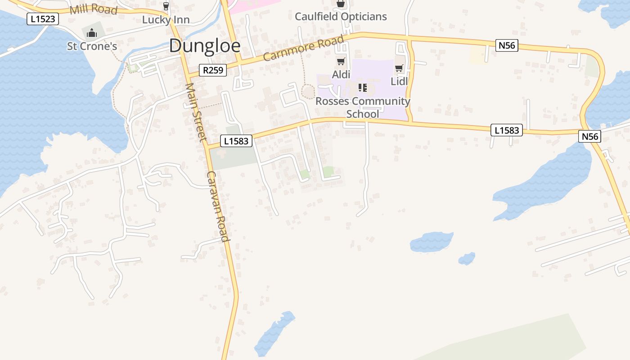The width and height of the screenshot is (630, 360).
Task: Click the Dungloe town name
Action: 205,46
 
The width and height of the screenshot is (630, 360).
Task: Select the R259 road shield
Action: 213,70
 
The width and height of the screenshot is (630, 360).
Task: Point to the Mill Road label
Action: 94,9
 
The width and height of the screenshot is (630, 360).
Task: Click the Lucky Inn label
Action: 166,20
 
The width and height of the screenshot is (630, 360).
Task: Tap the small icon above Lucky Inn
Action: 166,6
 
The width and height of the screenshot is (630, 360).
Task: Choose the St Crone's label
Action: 92,46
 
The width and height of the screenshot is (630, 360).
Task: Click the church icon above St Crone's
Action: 92,33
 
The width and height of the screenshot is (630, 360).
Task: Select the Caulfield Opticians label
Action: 341,17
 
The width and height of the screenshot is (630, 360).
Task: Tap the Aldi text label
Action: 341,74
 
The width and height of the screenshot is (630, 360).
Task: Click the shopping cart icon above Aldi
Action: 341,62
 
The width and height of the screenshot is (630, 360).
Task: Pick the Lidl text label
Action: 399,81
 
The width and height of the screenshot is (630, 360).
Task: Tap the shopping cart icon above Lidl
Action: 399,68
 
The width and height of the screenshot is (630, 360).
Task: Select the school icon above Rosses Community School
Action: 363,87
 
